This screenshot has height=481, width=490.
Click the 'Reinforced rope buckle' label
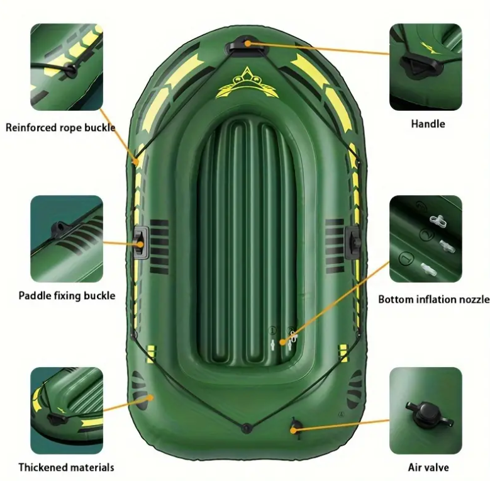60,128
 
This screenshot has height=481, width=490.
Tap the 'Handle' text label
428,124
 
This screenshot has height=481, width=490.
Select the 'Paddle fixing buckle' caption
67,295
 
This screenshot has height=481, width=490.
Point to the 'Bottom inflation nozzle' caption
434,299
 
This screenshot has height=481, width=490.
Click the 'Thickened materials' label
66,467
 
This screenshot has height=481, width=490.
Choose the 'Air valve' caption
428,467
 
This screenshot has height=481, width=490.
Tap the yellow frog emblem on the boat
247,83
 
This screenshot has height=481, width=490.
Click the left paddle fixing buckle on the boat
141,243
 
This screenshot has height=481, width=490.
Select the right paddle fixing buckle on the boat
353,242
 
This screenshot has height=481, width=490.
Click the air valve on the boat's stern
295,426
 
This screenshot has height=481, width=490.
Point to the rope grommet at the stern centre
247,428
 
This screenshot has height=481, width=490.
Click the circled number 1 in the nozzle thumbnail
406,259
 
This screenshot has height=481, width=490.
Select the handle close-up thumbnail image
425,67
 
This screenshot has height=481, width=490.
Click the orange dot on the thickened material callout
150,398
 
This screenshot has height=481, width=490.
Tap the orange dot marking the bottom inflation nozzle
282,342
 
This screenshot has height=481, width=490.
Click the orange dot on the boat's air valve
293,431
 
